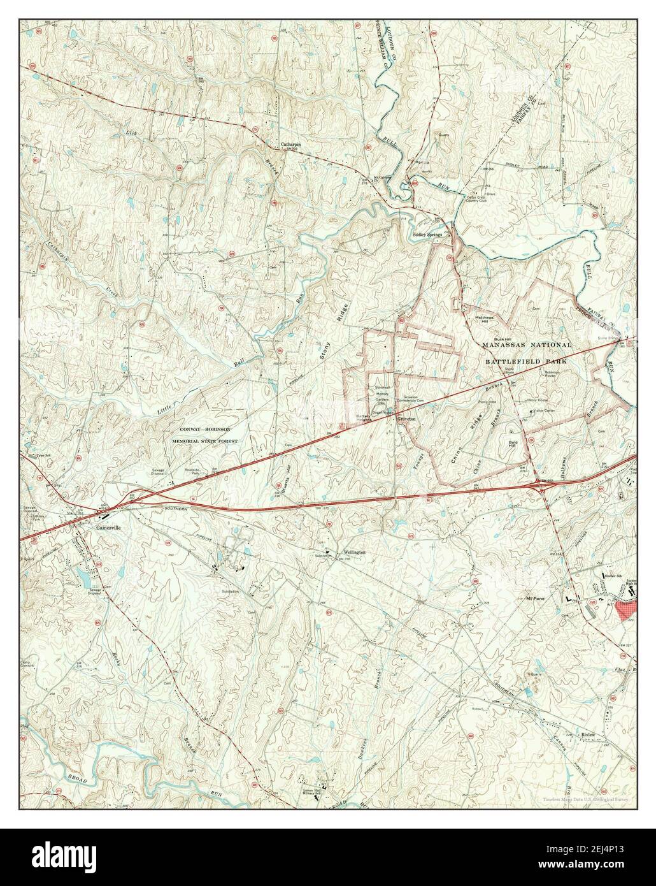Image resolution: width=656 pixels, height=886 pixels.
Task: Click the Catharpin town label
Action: [x=290, y=145]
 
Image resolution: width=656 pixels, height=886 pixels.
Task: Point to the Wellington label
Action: [x=354, y=551]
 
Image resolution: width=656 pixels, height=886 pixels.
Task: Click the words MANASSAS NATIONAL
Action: [x=527, y=344]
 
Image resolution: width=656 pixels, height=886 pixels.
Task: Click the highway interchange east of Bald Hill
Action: [x=543, y=486]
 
